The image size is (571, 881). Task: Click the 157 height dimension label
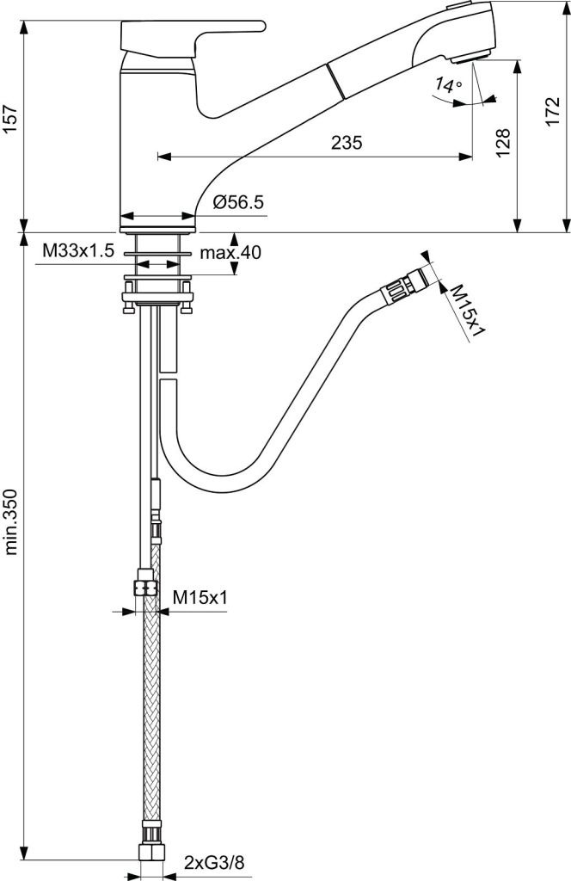tap(11, 121)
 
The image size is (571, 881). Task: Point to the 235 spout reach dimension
tap(346, 144)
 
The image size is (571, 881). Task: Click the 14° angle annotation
tap(448, 85)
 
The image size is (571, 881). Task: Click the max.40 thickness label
tap(230, 252)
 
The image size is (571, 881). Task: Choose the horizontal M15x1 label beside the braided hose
tap(200, 595)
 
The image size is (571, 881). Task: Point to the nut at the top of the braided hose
tap(145, 588)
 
